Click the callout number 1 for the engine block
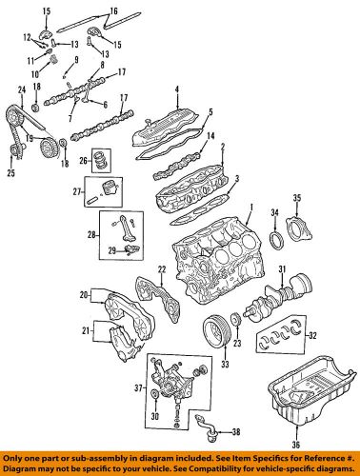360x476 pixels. click(x=250, y=207)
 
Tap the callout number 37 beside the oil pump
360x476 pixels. click(x=135, y=387)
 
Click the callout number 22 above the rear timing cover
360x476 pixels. click(x=162, y=271)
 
